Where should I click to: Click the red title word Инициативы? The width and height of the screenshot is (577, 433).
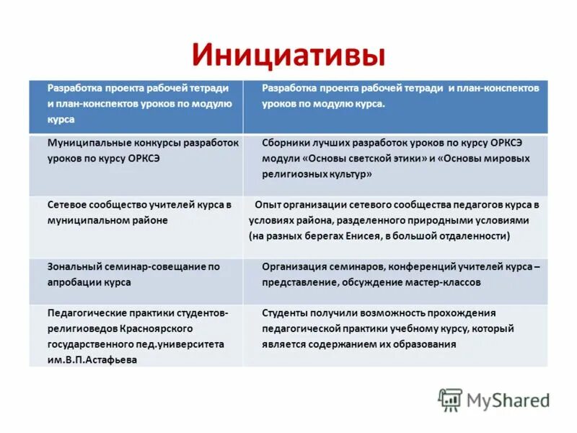[288, 56]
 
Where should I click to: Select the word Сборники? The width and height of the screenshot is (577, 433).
[287, 143]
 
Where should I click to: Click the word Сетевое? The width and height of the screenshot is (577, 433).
[69, 204]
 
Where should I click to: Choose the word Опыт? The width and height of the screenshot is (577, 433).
[269, 204]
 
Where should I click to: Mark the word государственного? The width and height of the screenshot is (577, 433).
[90, 344]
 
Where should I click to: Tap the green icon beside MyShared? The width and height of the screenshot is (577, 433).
[450, 399]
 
